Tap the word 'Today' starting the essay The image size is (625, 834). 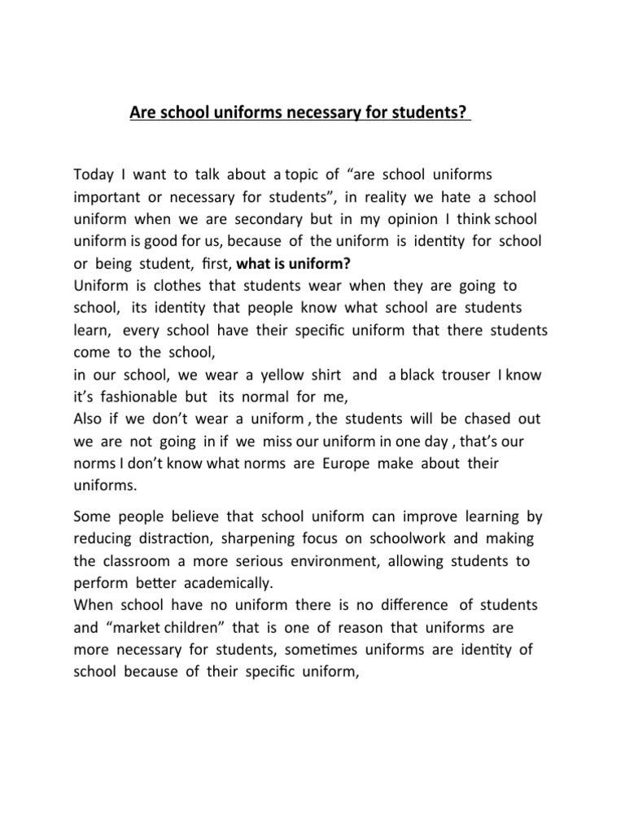pyautogui.click(x=94, y=175)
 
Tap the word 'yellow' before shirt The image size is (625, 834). pyautogui.click(x=280, y=375)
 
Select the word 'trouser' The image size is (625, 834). pyautogui.click(x=465, y=375)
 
